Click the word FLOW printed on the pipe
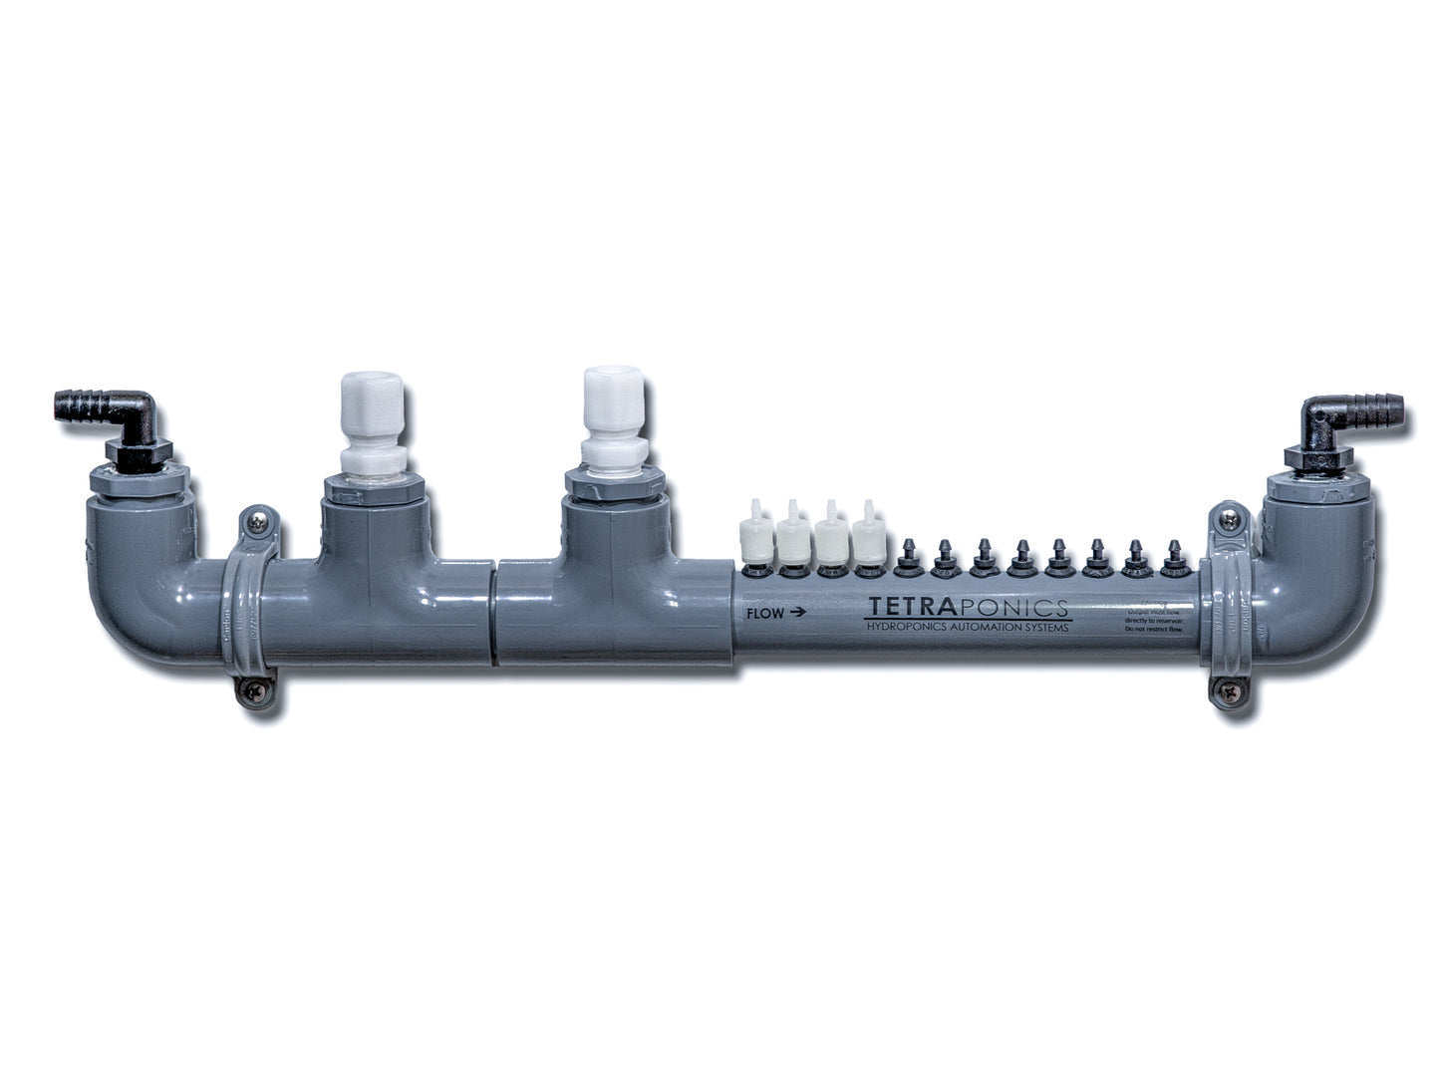(762, 614)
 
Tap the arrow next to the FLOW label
(796, 614)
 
